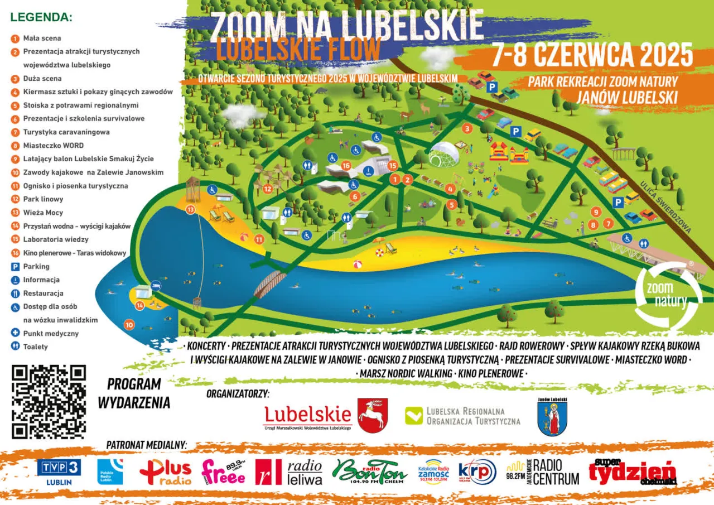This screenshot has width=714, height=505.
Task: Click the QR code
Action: [49, 402]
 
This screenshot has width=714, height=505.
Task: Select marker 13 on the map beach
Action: [191, 210]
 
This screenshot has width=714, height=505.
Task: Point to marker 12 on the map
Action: [268, 189]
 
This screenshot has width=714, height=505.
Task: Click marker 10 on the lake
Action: [129, 324]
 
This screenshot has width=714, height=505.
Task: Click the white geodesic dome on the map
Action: [444, 155]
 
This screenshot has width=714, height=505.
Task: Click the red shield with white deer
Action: [373, 416]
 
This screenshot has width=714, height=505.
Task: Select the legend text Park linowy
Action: [43, 199]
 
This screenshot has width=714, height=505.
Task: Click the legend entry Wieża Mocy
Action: [43, 213]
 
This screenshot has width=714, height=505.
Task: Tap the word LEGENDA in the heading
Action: [41, 17]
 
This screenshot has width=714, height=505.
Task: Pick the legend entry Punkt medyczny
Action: [51, 334]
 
